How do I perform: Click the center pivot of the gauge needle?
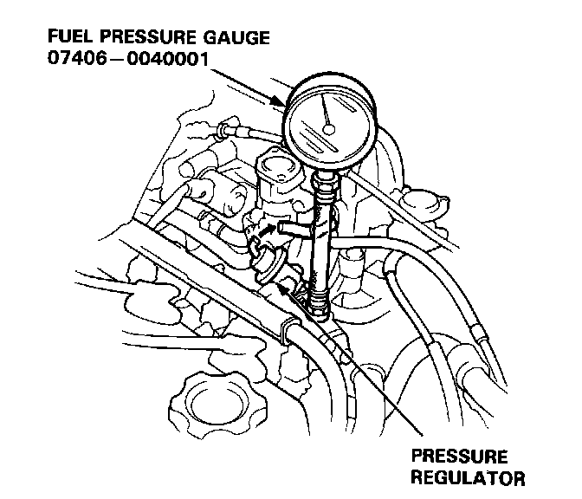coord(327,128)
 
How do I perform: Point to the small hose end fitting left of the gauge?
coord(223,129)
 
